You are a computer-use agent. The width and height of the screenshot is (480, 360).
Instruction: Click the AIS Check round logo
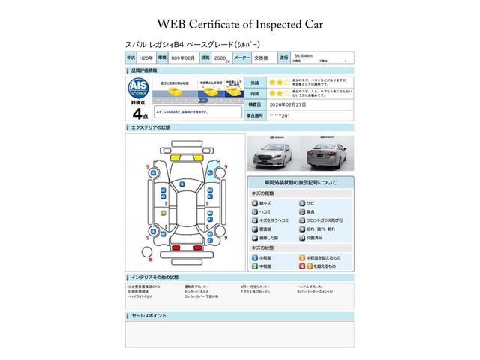139,86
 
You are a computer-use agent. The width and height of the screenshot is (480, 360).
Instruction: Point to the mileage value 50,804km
304,55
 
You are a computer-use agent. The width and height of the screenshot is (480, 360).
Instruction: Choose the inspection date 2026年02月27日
306,105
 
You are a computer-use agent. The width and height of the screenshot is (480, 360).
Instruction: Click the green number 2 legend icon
254,266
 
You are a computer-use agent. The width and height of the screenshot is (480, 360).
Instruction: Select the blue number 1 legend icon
254,257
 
